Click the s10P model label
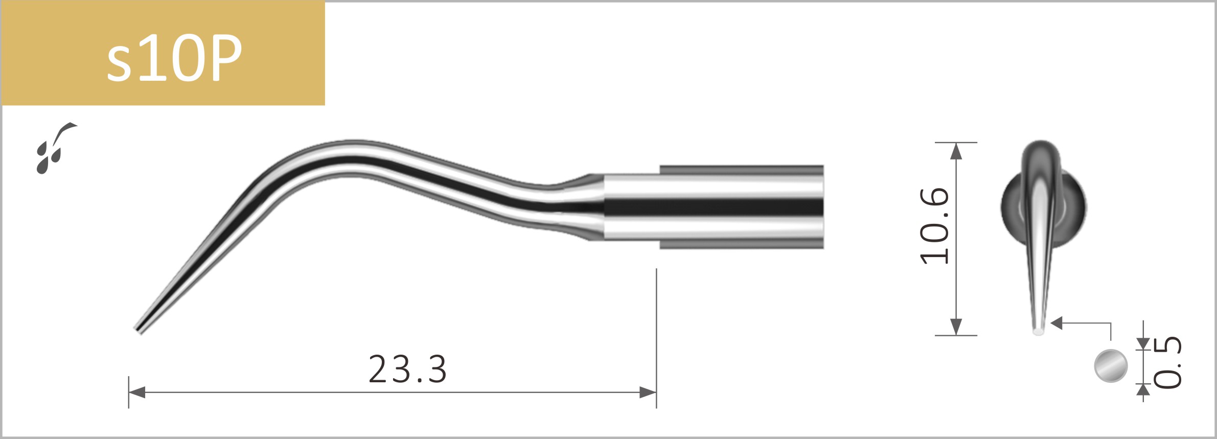point(174,60)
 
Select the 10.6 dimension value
point(934,226)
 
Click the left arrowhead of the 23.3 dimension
point(136,392)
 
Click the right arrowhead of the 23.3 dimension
point(649,392)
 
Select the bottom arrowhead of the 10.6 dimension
point(956,328)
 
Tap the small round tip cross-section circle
point(1110,365)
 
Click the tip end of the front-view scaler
point(1038,332)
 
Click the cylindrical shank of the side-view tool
point(716,207)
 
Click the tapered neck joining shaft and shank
point(583,207)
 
